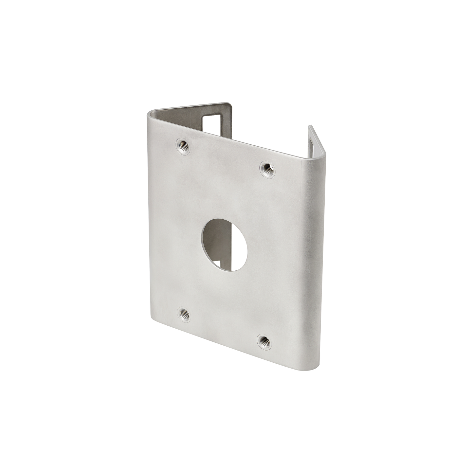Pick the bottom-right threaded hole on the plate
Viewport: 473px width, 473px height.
[263, 341]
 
